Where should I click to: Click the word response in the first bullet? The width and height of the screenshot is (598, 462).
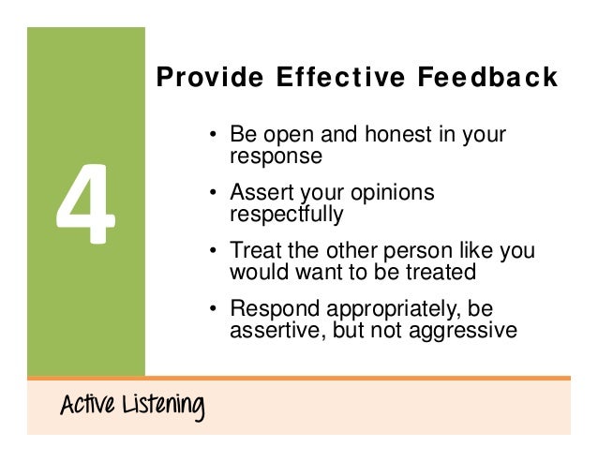(x=276, y=156)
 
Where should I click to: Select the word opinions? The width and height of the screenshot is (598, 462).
(x=392, y=194)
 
